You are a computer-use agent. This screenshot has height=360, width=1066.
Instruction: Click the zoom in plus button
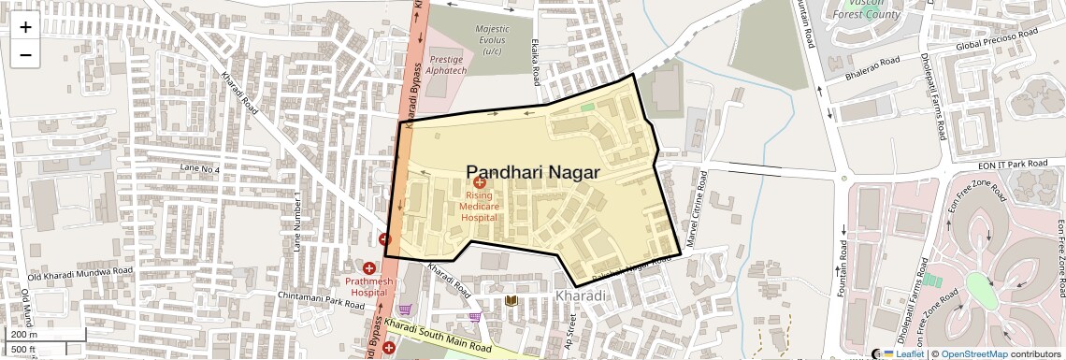coord(25,27)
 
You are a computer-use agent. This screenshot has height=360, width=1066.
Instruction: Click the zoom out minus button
coord(25,55)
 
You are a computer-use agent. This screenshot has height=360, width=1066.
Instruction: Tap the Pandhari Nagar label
coord(532,172)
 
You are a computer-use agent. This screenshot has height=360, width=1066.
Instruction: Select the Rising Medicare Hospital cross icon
coord(479,183)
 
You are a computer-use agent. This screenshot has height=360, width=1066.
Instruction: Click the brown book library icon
coord(511,300)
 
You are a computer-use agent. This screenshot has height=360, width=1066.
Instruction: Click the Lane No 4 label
coord(200,169)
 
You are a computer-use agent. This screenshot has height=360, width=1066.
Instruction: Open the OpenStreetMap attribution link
coord(973,354)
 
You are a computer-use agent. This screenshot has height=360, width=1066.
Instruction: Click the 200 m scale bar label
coord(23,334)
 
